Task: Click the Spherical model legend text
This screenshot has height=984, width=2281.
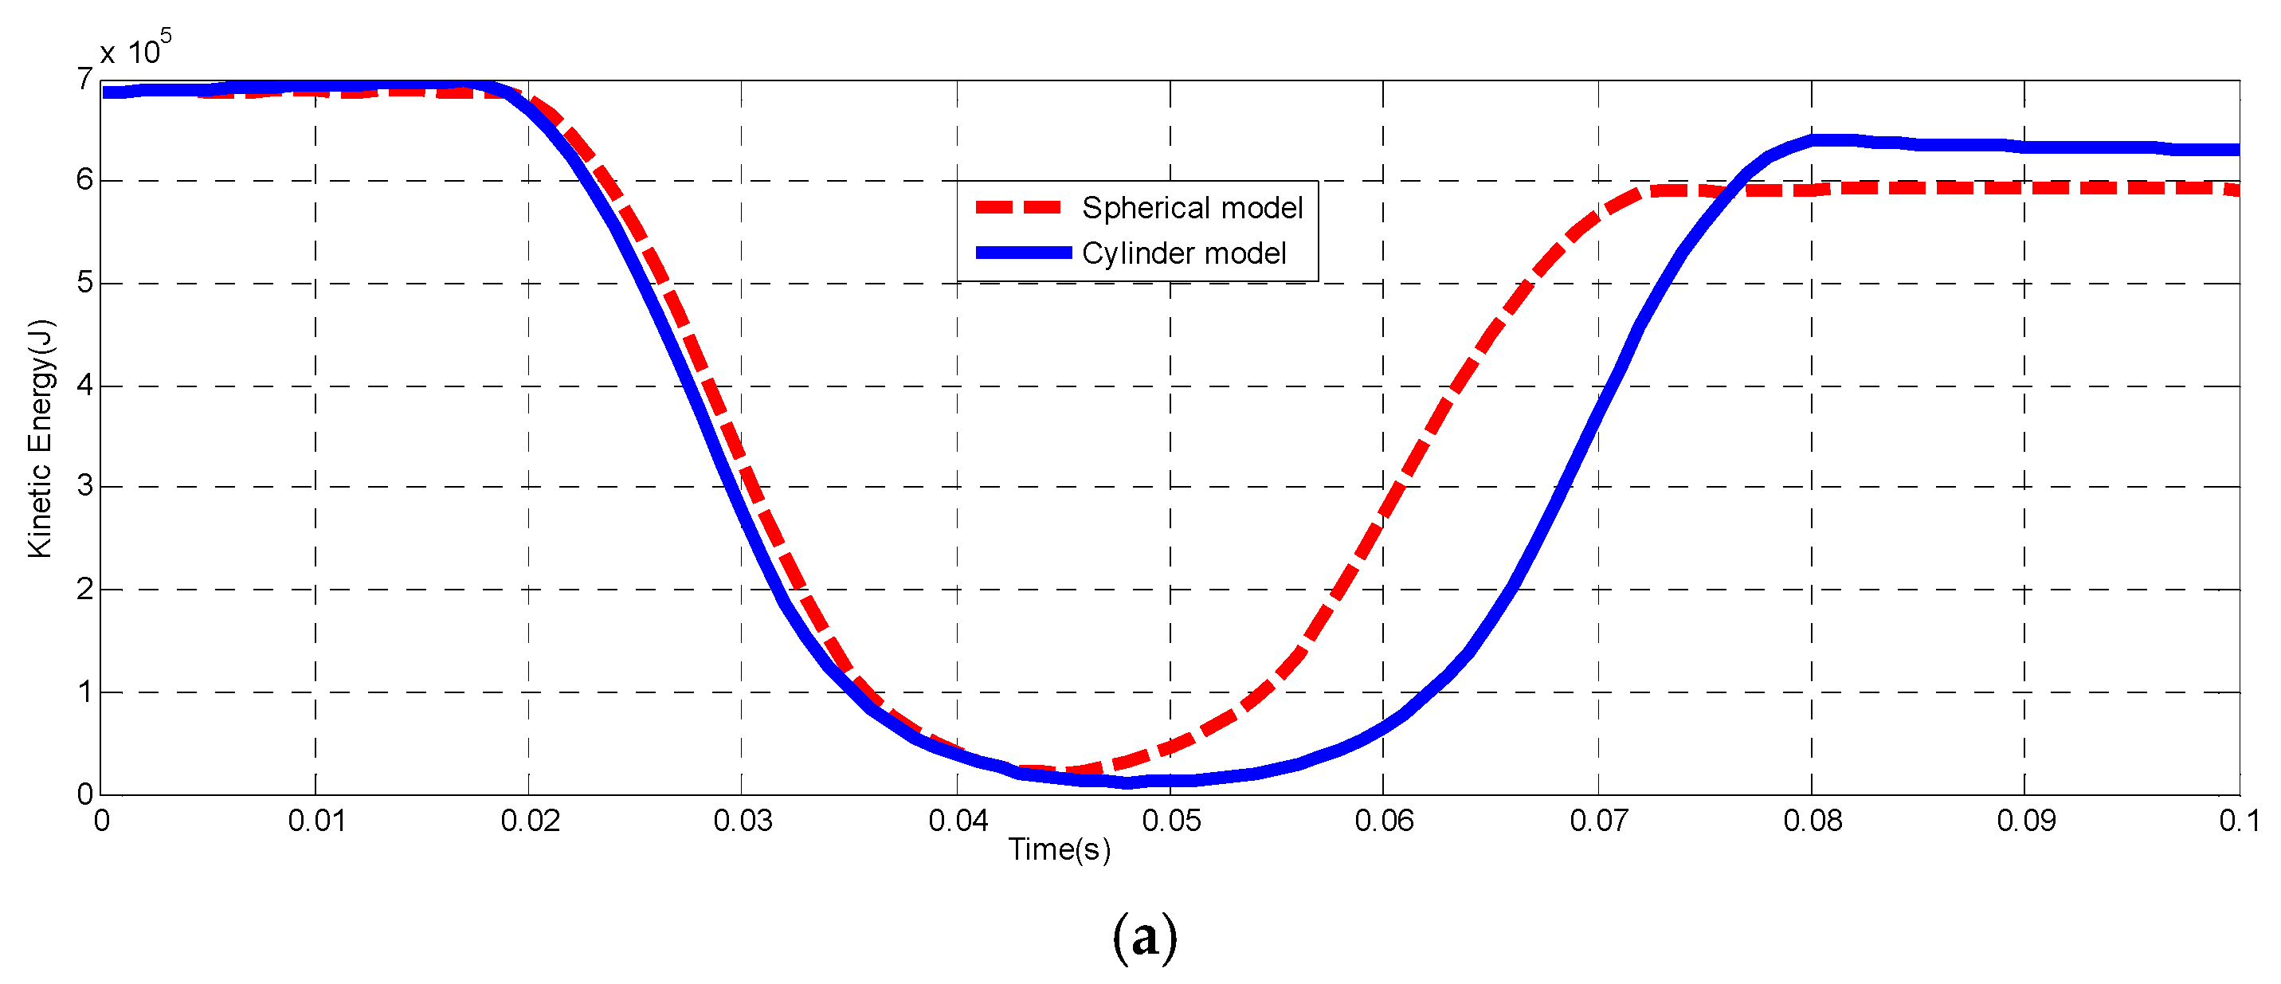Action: click(x=1191, y=208)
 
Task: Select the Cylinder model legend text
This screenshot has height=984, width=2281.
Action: click(x=1183, y=254)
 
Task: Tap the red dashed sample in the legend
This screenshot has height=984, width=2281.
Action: click(x=1018, y=207)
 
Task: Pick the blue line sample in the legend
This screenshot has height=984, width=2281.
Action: click(x=1023, y=253)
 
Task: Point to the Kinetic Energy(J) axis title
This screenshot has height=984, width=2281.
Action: click(x=41, y=438)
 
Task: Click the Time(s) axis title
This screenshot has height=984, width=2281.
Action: click(x=1059, y=849)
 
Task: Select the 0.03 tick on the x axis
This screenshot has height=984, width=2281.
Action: click(x=742, y=821)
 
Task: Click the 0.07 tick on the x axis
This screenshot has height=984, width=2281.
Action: click(x=1598, y=821)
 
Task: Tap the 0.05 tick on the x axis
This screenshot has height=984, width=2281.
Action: click(x=1170, y=821)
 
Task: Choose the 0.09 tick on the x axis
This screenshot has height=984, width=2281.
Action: click(x=2025, y=821)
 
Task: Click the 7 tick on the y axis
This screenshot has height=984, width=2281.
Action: click(x=84, y=80)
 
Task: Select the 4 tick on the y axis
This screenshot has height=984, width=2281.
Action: click(x=84, y=386)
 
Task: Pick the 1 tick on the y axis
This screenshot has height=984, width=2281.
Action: click(x=84, y=692)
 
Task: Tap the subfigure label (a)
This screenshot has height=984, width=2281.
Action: click(x=1144, y=937)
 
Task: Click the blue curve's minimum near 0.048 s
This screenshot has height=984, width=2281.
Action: click(x=1127, y=782)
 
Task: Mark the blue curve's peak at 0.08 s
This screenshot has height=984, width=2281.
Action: click(x=1813, y=140)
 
